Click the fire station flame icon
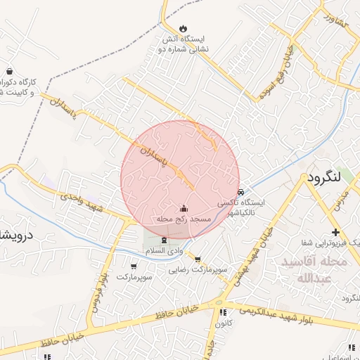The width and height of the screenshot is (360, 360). click(x=184, y=28)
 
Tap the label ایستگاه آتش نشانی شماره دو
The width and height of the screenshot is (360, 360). click(x=184, y=44)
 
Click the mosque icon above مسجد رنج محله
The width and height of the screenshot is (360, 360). click(x=184, y=208)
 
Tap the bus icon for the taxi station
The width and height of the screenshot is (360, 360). click(x=240, y=191)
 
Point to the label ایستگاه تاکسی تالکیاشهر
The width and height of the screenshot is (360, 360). click(x=242, y=207)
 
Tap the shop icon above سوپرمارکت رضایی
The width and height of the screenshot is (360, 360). click(x=198, y=259)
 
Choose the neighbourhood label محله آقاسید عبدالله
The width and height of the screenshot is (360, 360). click(x=314, y=269)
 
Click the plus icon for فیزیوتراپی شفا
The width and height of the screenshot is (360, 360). click(x=335, y=232)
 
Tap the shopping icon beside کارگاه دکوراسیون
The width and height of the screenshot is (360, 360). click(x=9, y=71)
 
